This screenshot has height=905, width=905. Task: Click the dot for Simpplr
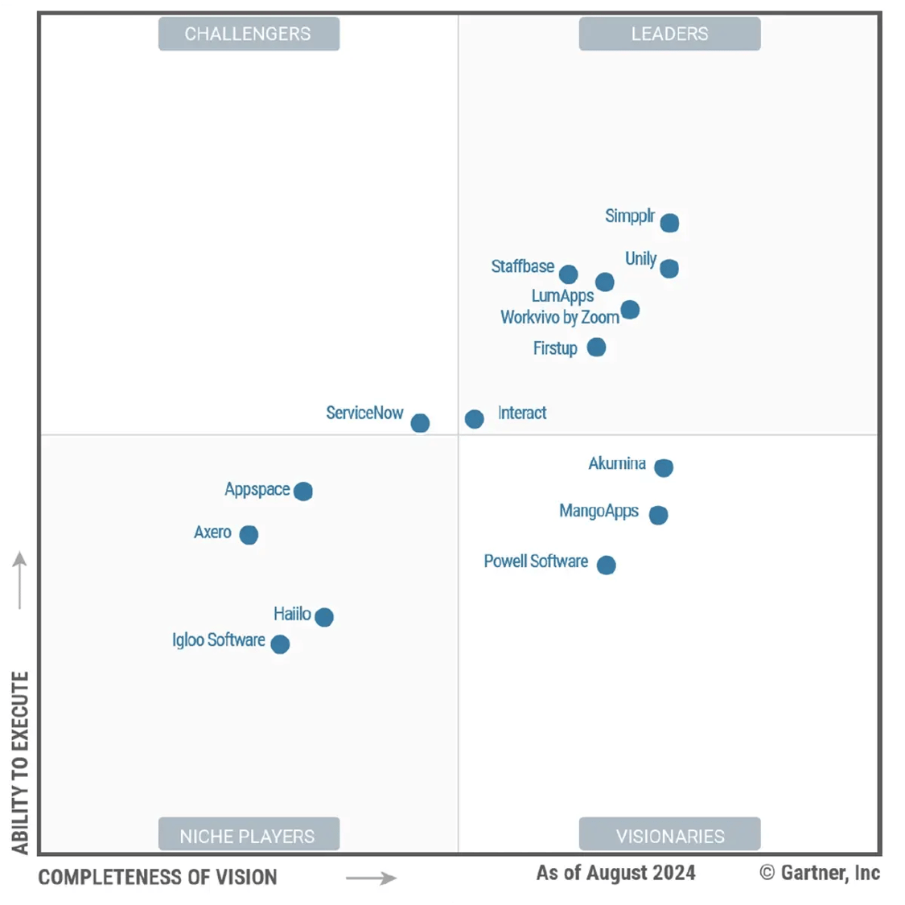tap(669, 223)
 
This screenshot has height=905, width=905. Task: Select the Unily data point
tap(669, 269)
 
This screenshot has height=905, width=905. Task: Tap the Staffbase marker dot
tap(569, 274)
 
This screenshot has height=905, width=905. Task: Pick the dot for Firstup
tap(596, 348)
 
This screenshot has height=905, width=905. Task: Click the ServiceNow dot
tap(420, 423)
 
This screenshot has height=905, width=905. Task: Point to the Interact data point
tap(475, 419)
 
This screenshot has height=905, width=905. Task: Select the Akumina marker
tap(664, 467)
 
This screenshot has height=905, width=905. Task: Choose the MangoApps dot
tap(658, 515)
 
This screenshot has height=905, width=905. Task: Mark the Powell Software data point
tap(607, 566)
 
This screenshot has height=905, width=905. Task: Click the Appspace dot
tap(303, 492)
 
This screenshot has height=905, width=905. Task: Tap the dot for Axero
tap(249, 535)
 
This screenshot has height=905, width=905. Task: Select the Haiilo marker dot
tap(324, 617)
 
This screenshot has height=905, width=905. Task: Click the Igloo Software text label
tap(219, 640)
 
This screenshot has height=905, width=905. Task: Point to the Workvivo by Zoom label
tap(560, 318)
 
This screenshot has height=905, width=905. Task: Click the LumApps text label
tap(562, 296)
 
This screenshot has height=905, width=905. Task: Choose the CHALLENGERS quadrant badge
tap(249, 34)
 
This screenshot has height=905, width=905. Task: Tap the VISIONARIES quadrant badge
tap(669, 836)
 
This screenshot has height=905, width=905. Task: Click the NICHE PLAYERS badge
tap(249, 836)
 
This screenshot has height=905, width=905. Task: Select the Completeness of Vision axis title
tap(158, 878)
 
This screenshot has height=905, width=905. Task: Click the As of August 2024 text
tap(616, 874)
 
